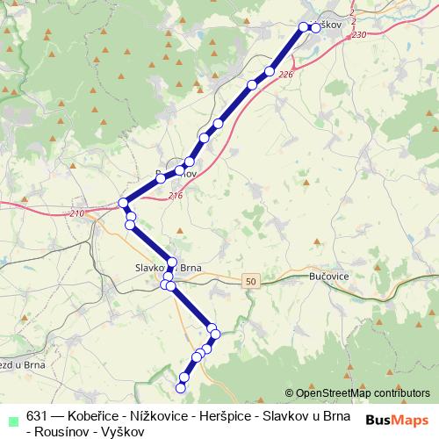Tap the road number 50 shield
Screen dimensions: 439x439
[251, 279]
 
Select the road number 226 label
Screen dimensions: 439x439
[284, 76]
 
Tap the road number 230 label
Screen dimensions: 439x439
[357, 35]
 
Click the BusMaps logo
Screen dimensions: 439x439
[397, 420]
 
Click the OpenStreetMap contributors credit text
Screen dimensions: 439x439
[357, 393]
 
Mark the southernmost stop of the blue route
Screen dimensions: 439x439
[182, 387]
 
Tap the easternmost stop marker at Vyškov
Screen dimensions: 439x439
[315, 28]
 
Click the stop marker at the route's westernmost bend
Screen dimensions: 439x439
[123, 205]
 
